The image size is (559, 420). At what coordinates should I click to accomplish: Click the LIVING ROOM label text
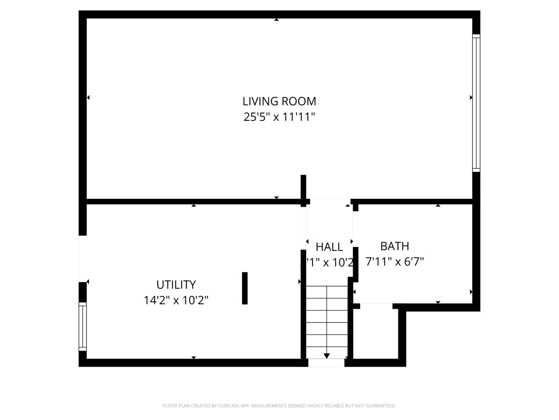(x=279, y=101)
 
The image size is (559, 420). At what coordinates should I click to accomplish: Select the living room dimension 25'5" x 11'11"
(x=279, y=117)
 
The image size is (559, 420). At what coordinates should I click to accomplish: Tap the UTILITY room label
(x=176, y=285)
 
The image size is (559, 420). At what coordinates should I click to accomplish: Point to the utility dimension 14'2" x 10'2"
(x=176, y=300)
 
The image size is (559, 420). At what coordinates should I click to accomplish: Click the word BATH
(x=394, y=246)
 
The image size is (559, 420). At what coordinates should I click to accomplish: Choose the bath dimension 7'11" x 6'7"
(x=394, y=261)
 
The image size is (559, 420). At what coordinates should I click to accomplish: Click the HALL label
(x=329, y=247)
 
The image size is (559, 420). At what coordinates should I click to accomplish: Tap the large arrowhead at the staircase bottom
(x=326, y=355)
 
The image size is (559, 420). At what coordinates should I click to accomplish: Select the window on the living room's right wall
(x=476, y=103)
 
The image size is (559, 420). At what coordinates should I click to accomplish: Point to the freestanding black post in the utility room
(x=245, y=288)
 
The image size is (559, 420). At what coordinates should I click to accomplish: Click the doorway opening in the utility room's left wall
(x=82, y=259)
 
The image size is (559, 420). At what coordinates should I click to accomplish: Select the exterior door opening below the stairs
(x=326, y=363)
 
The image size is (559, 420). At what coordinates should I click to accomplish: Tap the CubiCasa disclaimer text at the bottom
(x=279, y=406)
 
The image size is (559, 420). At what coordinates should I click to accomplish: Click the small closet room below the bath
(x=375, y=332)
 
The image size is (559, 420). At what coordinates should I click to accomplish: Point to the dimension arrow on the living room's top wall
(x=276, y=19)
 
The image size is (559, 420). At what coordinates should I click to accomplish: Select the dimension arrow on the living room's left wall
(x=88, y=98)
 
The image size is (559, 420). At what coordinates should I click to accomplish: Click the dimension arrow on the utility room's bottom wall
(x=194, y=357)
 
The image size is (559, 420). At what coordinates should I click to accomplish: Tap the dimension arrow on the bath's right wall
(x=471, y=292)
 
